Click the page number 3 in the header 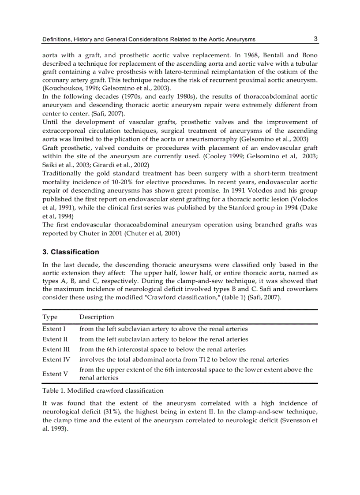(315, 39)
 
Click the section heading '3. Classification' (71, 252)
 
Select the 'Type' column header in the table (50, 317)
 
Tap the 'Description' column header (97, 317)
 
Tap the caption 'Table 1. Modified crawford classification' (103, 391)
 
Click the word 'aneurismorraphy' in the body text (208, 139)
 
